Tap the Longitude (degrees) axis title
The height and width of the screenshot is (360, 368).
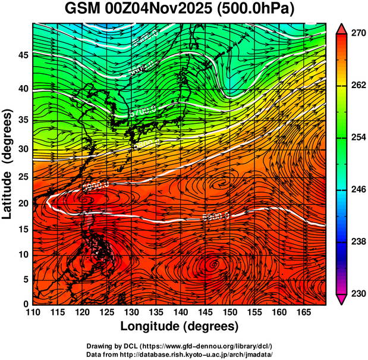click(180, 326)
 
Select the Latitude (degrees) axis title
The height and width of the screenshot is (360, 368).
click(8, 164)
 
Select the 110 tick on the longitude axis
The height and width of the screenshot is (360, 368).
click(33, 311)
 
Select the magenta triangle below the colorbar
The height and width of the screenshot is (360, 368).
click(342, 299)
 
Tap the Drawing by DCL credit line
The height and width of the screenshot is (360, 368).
click(180, 346)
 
